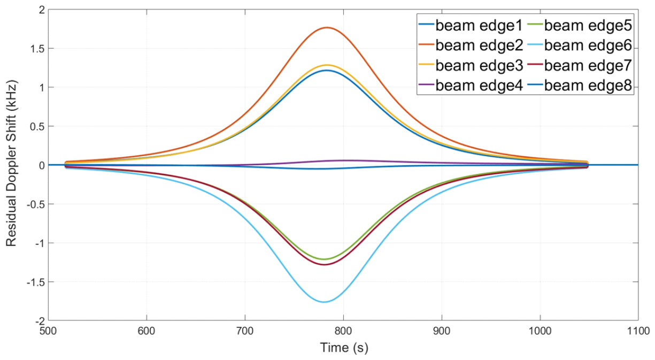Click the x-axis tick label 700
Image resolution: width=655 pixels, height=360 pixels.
coord(245,332)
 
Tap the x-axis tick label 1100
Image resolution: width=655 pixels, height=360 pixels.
coord(637,332)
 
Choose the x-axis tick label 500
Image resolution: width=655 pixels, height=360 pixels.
coord(48,332)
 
